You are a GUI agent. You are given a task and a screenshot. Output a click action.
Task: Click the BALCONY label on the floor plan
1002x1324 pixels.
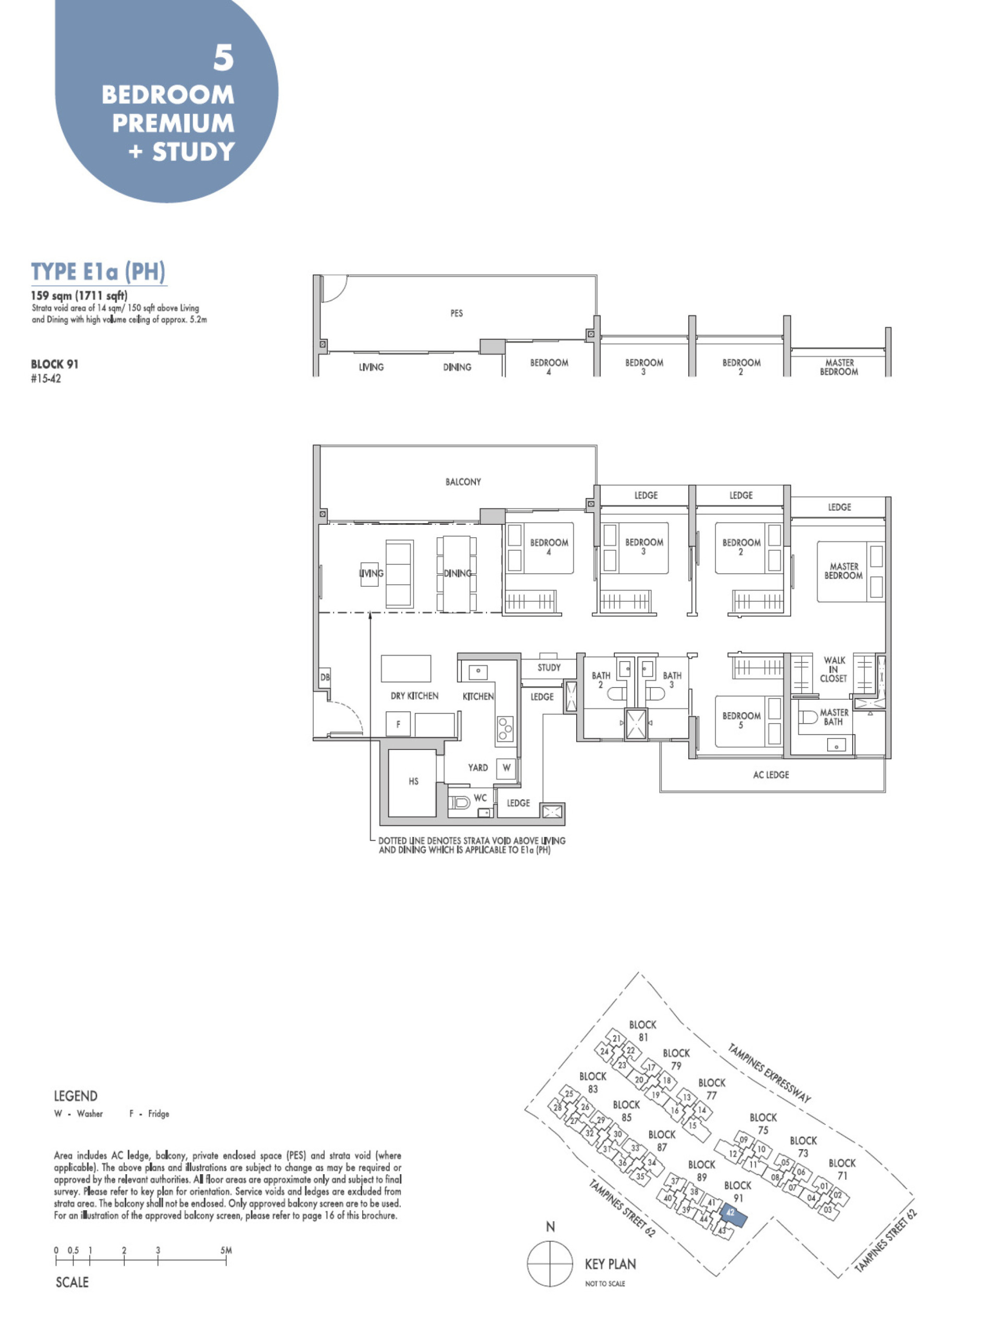point(462,482)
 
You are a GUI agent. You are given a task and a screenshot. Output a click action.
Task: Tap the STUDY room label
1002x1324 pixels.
point(548,667)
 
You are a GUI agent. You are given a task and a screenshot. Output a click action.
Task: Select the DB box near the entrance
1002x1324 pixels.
point(325,678)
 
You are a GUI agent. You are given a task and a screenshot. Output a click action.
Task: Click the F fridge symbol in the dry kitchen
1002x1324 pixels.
point(398,724)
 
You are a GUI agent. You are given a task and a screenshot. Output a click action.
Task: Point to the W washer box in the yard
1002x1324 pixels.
point(507,768)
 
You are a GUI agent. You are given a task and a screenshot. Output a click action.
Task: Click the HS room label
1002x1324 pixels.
point(413,781)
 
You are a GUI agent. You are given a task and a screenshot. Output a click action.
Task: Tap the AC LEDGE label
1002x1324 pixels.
point(770,775)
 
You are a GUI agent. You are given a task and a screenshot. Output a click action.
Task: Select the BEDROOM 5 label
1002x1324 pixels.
point(741,720)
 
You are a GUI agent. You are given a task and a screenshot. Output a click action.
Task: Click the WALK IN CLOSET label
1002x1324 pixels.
point(833,669)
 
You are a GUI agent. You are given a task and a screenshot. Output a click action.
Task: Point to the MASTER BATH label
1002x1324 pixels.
point(834,717)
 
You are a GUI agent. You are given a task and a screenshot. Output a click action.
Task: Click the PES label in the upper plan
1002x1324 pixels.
point(457,313)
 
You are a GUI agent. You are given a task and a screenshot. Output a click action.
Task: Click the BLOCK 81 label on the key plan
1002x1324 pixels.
point(642,1031)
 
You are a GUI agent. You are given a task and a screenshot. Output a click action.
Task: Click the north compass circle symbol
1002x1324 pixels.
point(550,1263)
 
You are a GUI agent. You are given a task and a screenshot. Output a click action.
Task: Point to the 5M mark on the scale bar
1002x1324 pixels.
point(225,1250)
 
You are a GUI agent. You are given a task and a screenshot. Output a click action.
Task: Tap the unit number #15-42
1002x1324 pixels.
point(46,379)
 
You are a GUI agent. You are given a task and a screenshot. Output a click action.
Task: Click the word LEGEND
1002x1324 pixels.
point(75,1096)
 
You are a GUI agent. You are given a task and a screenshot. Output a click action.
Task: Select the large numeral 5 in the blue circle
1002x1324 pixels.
point(224,58)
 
